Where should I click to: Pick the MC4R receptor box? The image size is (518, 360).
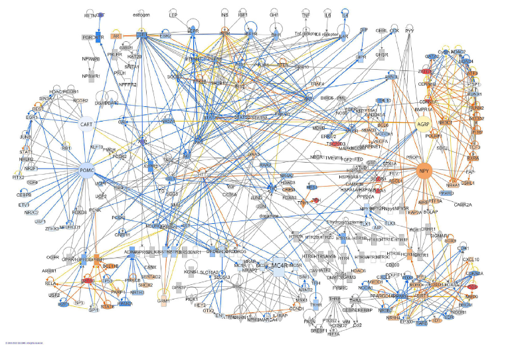[x=279, y=269]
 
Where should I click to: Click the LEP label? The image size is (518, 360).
[x=173, y=14]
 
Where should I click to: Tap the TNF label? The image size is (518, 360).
[x=305, y=14]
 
